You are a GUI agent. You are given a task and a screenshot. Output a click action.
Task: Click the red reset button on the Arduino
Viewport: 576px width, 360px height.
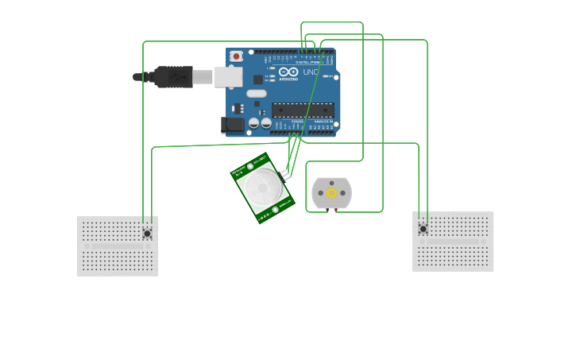pos(236,56)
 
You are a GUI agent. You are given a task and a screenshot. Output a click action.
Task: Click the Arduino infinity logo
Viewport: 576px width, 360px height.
pos(288,72)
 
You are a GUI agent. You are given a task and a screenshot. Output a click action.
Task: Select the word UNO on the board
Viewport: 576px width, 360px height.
pos(311,72)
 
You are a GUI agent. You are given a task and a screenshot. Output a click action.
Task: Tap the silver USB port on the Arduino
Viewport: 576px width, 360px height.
pos(228,76)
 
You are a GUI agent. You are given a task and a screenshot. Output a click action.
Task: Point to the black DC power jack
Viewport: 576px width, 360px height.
pos(232,124)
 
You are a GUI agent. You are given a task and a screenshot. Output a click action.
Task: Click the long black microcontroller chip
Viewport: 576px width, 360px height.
pos(303,110)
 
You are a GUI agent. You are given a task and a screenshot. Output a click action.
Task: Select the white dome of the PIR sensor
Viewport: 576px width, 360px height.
pos(261,188)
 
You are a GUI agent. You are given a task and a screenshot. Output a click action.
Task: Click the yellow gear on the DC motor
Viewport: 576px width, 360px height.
pos(331,193)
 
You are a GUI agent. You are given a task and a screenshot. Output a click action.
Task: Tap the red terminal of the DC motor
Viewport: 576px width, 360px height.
pos(336,210)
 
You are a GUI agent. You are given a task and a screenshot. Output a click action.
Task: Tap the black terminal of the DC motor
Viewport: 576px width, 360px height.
pos(327,210)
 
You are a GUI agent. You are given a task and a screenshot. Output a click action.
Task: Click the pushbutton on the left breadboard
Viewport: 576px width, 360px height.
pos(147,233)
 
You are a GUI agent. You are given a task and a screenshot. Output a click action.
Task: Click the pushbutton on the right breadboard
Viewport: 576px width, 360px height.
pos(423,229)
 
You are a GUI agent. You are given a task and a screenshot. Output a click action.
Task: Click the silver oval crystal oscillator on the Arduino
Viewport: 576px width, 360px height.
pos(257,93)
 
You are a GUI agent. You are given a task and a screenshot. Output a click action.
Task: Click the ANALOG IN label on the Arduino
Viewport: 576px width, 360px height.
pos(323,122)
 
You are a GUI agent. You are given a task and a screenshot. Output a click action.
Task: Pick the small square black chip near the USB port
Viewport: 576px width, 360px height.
pos(258,79)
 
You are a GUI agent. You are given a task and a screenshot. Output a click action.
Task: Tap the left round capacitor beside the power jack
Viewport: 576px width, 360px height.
pos(253,123)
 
